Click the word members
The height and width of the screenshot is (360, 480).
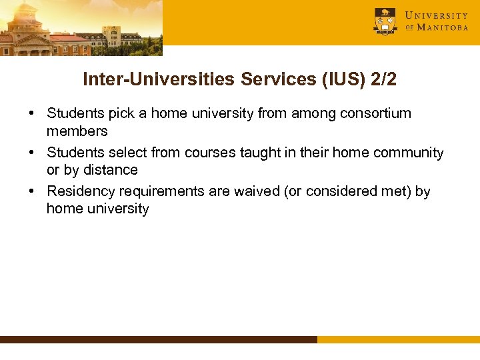click(77, 131)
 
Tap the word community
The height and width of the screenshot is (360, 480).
click(405, 153)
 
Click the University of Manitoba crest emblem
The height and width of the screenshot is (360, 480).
click(385, 21)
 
